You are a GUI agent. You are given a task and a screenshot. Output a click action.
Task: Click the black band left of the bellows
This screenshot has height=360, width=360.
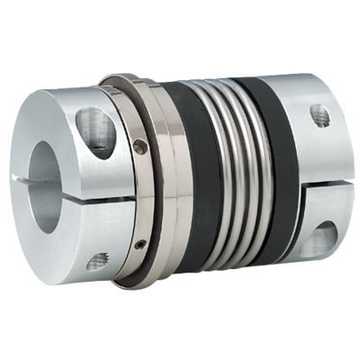193,180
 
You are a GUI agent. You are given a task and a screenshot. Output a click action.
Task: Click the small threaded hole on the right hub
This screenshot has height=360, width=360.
319,114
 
